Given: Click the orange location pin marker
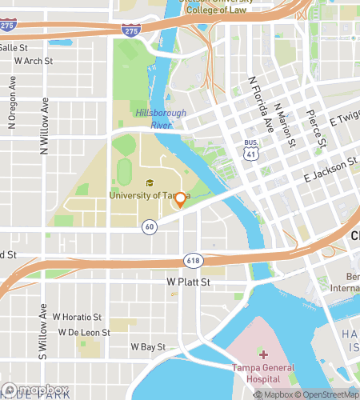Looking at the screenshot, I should coord(180,199).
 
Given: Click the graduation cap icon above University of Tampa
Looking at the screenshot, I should coord(149,184).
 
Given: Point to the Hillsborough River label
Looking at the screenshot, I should coord(160,118).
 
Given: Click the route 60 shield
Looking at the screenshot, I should coord(150,227).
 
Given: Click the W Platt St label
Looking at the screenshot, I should coord(187,282).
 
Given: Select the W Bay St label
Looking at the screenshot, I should coord(147,347).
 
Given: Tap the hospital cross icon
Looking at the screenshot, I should coord(263,354).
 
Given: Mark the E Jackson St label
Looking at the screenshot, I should coord(329,170).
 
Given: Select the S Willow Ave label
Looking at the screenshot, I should coord(42,329).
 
